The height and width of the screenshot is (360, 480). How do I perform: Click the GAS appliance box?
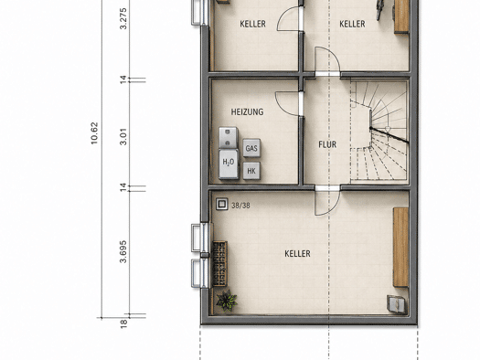(251, 148)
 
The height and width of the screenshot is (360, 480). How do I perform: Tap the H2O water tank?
(229, 164)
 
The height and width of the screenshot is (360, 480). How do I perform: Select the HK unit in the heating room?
(251, 171)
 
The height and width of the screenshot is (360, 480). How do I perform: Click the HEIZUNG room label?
(247, 112)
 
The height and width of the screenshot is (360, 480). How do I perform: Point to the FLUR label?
(327, 144)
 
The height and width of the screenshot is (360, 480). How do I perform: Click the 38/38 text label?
(240, 206)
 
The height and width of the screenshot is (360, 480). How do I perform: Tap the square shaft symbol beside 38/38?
(222, 204)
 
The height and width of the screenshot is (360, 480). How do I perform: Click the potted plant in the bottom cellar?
(227, 301)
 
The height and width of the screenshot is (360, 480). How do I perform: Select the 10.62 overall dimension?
(94, 133)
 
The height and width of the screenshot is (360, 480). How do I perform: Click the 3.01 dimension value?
(123, 137)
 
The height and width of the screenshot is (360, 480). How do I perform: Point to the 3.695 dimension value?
(123, 251)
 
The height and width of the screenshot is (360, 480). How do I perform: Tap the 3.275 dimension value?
(123, 18)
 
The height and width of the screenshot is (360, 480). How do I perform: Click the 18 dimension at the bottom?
(123, 323)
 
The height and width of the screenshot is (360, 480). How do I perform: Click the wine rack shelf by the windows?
(219, 264)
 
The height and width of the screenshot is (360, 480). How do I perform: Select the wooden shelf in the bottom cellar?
(401, 247)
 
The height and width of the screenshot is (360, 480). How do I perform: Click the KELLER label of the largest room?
(297, 254)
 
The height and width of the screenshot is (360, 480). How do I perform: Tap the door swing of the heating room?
(287, 103)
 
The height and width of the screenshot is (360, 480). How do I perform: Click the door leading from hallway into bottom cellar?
(327, 203)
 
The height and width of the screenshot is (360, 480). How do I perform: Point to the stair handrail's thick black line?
(389, 135)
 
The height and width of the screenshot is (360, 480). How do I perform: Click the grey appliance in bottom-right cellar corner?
(397, 304)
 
